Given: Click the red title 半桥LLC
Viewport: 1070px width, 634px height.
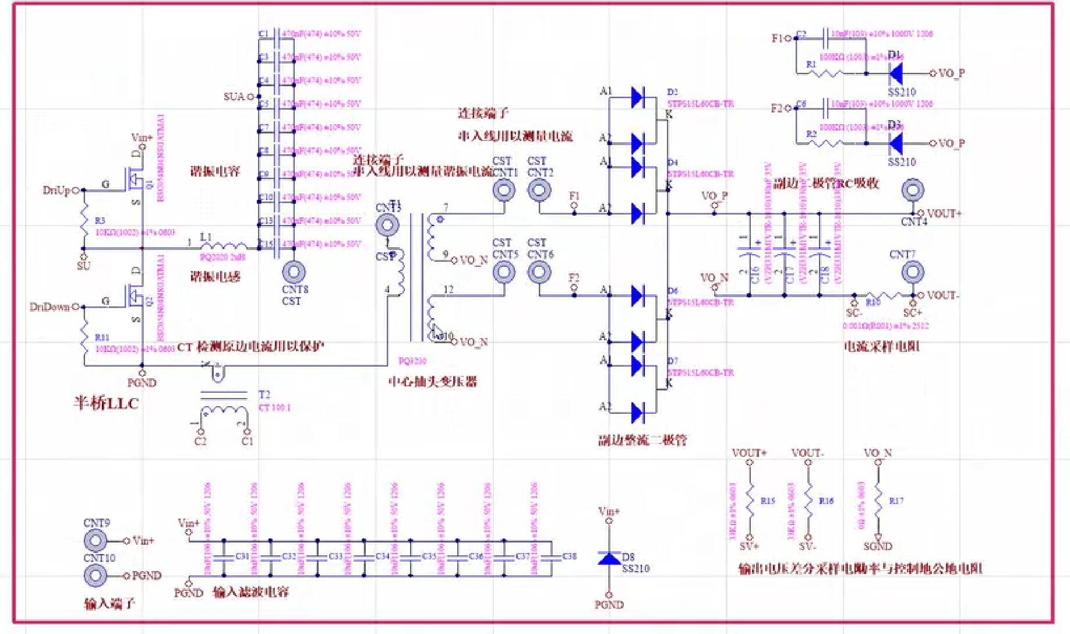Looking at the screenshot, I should pos(106,403).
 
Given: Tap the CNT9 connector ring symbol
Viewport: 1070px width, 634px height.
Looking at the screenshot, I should pos(95,541).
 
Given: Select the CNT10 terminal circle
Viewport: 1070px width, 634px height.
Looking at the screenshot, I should pos(95,576).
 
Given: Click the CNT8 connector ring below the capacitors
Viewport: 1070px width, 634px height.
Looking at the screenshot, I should pos(294,272).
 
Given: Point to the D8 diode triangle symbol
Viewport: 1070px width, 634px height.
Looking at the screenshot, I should pos(609,559).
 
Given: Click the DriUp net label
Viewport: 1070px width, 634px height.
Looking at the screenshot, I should pos(56,190).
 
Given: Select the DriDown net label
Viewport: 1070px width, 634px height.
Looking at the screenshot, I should pos(50,307).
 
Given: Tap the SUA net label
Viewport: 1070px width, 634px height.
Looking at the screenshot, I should pos(234,97).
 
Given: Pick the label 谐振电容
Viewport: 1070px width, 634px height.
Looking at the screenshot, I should pos(215,171).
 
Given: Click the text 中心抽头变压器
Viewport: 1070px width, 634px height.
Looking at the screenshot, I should pos(433,382).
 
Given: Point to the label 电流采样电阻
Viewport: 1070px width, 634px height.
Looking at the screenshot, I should pos(881,346).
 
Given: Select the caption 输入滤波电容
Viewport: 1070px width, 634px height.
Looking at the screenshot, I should pos(251,592).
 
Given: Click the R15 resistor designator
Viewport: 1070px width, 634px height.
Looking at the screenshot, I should pos(768,501).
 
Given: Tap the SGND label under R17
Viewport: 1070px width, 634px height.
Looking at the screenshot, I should pos(877,546).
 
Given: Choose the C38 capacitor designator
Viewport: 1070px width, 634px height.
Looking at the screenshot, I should pos(569,556).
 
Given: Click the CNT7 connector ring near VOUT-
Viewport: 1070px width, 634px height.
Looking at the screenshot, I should pos(912,272).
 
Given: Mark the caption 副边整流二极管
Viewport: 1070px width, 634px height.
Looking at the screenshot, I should pos(642,440).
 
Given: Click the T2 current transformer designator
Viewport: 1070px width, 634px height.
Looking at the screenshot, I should pos(264,395).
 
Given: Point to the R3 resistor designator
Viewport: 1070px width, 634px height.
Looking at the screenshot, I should pos(100,221).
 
